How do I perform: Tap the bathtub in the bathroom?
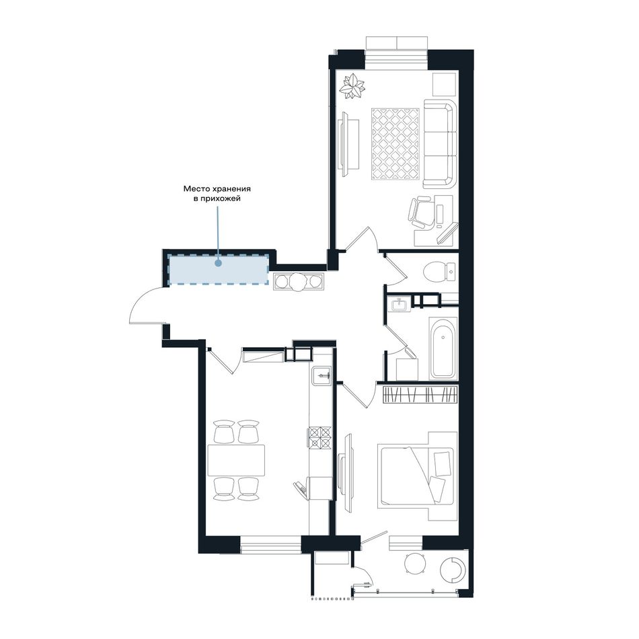click(443, 348)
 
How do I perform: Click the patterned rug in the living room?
click(396, 143)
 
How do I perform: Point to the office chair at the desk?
click(420, 213)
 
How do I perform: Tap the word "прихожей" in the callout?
click(223, 199)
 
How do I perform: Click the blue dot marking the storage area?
click(218, 263)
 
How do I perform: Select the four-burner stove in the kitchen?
click(320, 437)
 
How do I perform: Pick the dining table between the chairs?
click(236, 461)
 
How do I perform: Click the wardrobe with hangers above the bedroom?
click(420, 395)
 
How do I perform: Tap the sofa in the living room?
click(440, 143)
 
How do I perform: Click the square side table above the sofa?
click(443, 84)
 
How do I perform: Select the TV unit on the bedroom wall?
click(346, 472)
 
